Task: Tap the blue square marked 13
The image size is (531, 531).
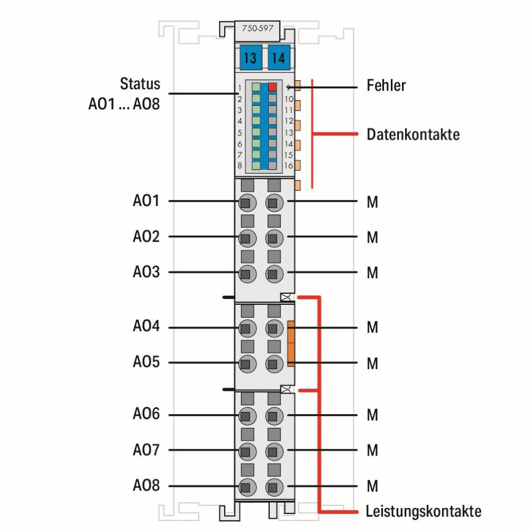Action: click(250, 57)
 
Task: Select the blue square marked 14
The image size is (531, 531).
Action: click(278, 57)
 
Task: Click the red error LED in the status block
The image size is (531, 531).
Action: click(273, 87)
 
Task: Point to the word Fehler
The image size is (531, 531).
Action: click(386, 85)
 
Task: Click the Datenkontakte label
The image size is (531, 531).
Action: click(413, 134)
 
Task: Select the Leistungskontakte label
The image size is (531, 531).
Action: click(424, 512)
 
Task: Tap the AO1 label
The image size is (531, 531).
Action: click(146, 201)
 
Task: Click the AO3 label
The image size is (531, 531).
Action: click(146, 272)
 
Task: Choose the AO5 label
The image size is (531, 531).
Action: click(146, 363)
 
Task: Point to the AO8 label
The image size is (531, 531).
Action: click(146, 486)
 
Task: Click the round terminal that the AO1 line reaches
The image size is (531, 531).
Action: click(246, 202)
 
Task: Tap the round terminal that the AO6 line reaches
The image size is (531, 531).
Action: click(246, 415)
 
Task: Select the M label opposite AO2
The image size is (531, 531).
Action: click(372, 237)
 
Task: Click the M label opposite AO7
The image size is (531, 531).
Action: click(372, 451)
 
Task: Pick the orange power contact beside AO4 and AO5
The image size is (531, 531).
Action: click(291, 344)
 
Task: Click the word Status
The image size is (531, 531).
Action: click(140, 84)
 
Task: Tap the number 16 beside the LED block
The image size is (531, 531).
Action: click(288, 166)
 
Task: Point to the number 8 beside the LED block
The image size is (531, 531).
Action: click(240, 166)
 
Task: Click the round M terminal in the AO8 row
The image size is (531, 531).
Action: click(273, 486)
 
